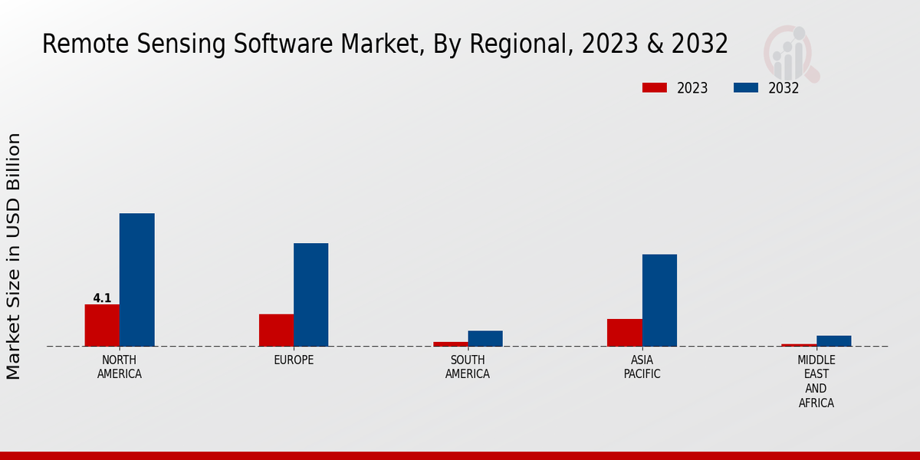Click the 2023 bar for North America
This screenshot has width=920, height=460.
pyautogui.click(x=102, y=325)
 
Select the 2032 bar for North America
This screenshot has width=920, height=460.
pyautogui.click(x=136, y=280)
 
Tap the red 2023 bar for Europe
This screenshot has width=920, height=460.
pyautogui.click(x=276, y=330)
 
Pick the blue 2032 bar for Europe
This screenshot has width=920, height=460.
pyautogui.click(x=310, y=294)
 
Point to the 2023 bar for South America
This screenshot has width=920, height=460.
pyautogui.click(x=450, y=343)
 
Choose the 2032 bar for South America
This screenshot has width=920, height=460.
pyautogui.click(x=485, y=338)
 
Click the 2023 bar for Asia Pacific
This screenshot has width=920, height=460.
pyautogui.click(x=624, y=332)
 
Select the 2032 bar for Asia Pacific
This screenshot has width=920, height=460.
pyautogui.click(x=659, y=300)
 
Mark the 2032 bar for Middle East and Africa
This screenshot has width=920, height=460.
pyautogui.click(x=833, y=340)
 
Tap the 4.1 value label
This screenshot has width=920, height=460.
pyautogui.click(x=102, y=298)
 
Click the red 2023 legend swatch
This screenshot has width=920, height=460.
pyautogui.click(x=654, y=87)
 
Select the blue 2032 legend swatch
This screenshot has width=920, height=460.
pyautogui.click(x=745, y=87)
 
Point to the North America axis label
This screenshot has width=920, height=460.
pyautogui.click(x=119, y=367)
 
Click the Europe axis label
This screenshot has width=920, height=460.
pyautogui.click(x=294, y=360)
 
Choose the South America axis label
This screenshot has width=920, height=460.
pyautogui.click(x=468, y=367)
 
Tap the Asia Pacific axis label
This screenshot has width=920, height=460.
pyautogui.click(x=642, y=367)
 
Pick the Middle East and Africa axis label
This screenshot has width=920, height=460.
pyautogui.click(x=816, y=381)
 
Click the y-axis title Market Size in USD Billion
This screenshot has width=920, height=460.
pyautogui.click(x=14, y=256)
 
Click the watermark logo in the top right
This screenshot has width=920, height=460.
pyautogui.click(x=790, y=52)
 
